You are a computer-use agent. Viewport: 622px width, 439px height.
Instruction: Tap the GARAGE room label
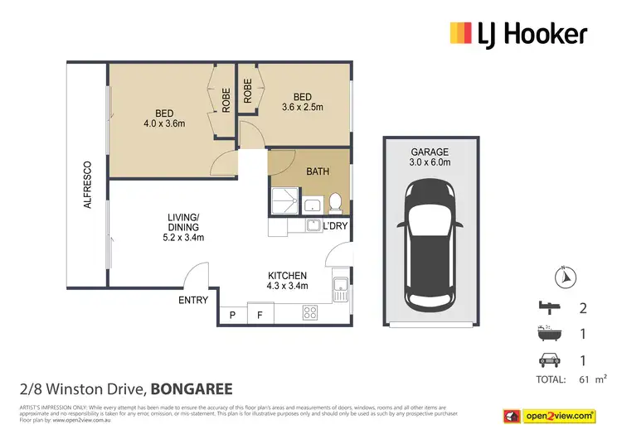[429, 152]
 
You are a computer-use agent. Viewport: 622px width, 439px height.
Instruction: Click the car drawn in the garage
[429, 244]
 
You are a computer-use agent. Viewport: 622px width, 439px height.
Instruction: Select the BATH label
[318, 172]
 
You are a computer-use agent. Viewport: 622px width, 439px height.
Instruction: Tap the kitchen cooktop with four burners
[311, 313]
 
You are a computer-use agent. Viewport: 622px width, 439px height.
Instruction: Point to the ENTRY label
[193, 300]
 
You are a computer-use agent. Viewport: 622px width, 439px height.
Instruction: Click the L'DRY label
[334, 226]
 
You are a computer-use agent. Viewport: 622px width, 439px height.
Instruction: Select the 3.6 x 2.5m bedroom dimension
[302, 107]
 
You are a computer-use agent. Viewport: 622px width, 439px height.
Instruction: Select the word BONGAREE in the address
[191, 388]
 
